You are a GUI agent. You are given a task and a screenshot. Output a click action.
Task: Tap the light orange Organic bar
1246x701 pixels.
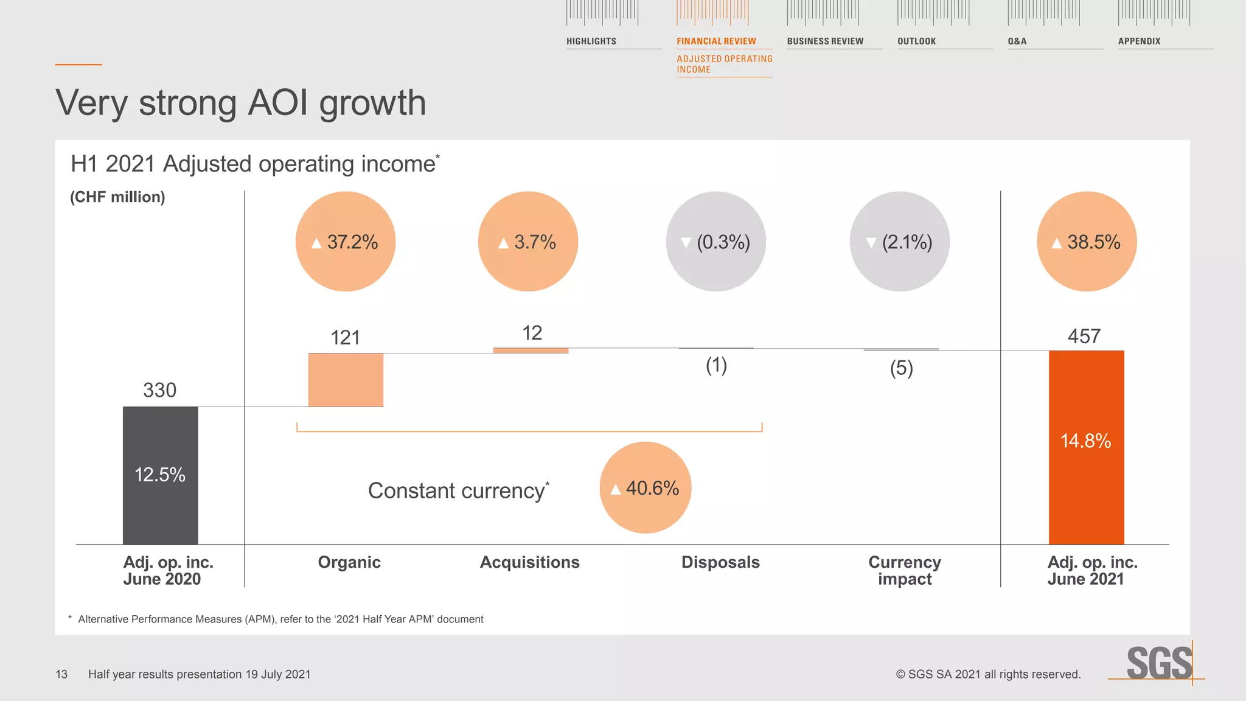tap(346, 380)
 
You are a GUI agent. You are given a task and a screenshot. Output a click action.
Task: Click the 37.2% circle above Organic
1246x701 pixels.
tap(346, 242)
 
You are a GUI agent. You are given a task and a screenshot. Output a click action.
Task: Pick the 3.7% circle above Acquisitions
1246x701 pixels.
tap(528, 242)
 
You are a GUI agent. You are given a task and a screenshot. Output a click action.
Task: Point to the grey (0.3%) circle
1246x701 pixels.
tap(716, 242)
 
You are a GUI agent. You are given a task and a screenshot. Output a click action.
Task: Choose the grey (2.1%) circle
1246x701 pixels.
tap(899, 242)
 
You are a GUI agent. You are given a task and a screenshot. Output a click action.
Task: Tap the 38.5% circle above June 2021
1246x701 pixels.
tap(1087, 242)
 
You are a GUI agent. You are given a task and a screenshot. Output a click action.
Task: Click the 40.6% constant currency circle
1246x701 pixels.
tap(646, 487)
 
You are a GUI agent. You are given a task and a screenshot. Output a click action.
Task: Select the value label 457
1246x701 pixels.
tap(1084, 337)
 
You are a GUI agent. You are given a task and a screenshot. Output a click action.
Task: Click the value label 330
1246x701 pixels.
tap(159, 390)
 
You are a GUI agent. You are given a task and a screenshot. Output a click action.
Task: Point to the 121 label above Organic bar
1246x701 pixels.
tap(345, 338)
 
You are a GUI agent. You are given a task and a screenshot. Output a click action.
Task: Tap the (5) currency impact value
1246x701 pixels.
tap(902, 368)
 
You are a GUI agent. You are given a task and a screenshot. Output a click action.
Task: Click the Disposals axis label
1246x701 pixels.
tap(720, 562)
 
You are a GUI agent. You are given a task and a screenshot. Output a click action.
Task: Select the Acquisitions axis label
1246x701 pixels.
tap(529, 562)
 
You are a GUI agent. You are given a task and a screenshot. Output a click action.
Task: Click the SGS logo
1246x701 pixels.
tap(1159, 663)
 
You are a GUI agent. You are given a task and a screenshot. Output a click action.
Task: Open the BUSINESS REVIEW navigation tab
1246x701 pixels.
tap(825, 41)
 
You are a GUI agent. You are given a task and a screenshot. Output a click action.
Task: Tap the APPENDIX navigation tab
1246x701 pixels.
tap(1139, 41)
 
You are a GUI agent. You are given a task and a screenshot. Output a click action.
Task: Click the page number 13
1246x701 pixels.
tap(61, 674)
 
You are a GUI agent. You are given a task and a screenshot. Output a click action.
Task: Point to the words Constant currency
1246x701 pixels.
tap(457, 490)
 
